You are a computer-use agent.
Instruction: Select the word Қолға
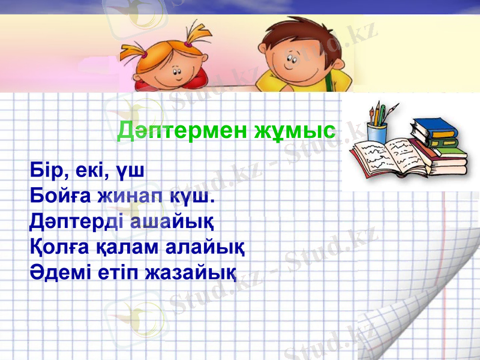(x=57, y=247)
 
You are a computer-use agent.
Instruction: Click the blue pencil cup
(x=377, y=132)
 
